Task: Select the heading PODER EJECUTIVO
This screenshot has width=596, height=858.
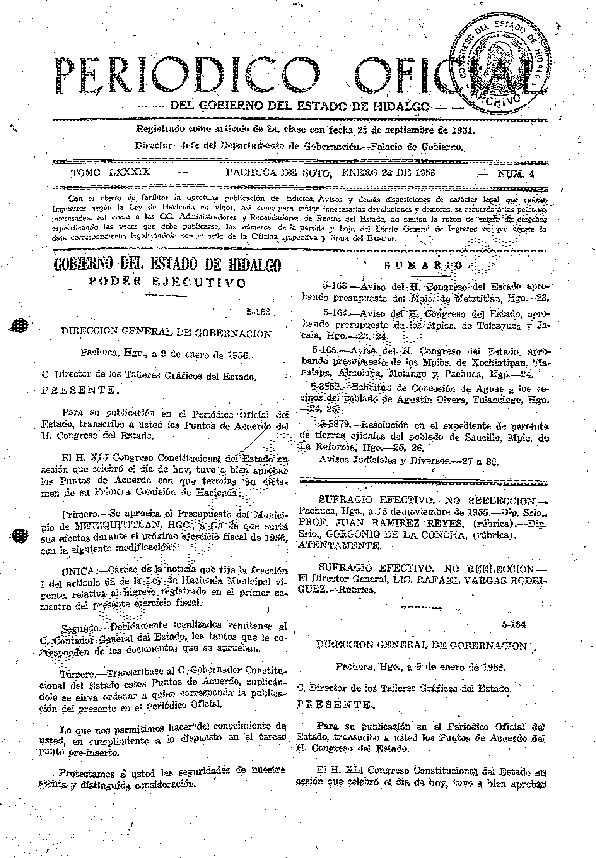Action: point(167,282)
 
